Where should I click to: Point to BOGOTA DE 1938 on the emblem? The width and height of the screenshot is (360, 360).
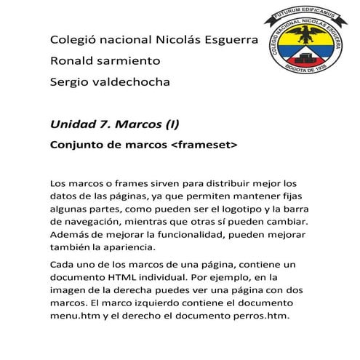click(308, 81)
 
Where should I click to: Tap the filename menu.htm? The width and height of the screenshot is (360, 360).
click(75, 315)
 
